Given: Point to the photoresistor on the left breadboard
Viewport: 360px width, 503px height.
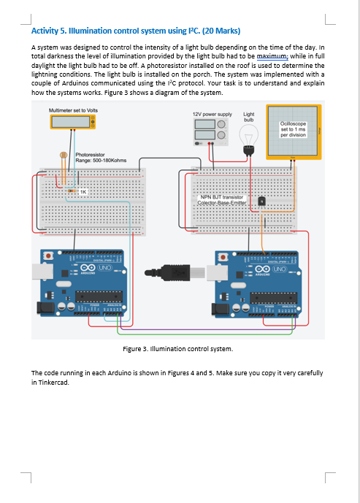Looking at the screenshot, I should point(64,155).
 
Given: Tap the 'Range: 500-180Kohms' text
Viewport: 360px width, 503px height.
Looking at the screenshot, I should point(98,161).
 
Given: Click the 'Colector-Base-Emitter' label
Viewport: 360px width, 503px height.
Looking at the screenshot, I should point(221,202).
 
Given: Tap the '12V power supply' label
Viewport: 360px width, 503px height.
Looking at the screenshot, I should point(212,115).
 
